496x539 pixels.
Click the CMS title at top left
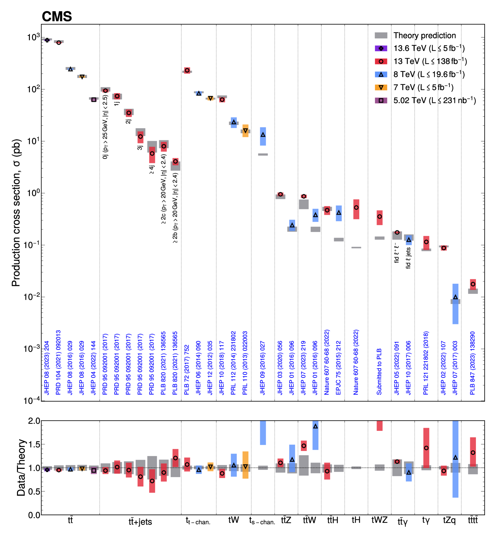[x=57, y=17]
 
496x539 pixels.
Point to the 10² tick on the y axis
[x=34, y=89]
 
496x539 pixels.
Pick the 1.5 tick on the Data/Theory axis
[x=34, y=444]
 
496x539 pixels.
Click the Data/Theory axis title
[x=21, y=467]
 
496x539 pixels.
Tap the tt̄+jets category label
[x=140, y=522]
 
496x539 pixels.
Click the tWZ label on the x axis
[x=379, y=520]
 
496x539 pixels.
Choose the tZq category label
[x=449, y=520]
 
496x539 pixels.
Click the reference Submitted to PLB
[x=379, y=371]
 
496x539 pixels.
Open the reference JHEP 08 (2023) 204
[x=47, y=368]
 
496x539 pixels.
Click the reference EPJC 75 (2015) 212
[x=339, y=368]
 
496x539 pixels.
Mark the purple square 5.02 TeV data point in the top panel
[x=94, y=100]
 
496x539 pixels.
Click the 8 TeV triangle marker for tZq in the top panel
[x=455, y=297]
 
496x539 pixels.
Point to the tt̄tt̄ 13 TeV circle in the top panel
[x=473, y=284]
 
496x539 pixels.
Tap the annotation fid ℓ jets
[x=408, y=258]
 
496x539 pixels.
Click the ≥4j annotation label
[x=152, y=170]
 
